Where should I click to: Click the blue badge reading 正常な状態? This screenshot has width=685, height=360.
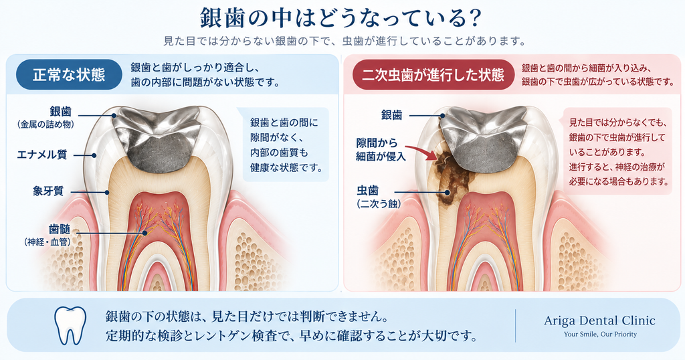click(69, 75)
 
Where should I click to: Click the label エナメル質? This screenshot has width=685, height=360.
click(42, 155)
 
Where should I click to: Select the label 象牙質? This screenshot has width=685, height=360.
click(48, 191)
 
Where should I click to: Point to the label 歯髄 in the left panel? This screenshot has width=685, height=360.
click(60, 230)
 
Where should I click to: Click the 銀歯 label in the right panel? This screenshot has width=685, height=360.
click(391, 115)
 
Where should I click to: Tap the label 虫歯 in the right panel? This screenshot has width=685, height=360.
click(367, 191)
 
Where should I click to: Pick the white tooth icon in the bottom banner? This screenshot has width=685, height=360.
click(70, 325)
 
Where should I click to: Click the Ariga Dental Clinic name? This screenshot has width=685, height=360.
click(600, 321)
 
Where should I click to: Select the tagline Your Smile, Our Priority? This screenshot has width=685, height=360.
click(600, 334)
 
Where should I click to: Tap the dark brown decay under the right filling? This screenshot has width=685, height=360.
click(452, 175)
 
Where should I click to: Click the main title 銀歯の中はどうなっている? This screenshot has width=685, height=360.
click(340, 18)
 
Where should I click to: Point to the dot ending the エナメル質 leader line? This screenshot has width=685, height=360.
click(94, 155)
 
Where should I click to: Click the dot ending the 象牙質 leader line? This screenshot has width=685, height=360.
click(106, 192)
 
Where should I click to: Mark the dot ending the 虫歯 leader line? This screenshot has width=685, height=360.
click(448, 192)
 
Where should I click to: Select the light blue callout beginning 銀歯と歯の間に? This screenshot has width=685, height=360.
click(286, 145)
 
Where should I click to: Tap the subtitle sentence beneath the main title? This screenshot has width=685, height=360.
click(345, 41)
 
